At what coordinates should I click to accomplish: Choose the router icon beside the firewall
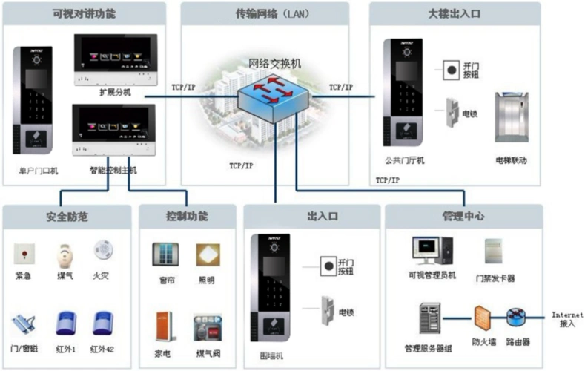coord(516,317)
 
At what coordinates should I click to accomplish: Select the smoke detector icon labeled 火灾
coord(102,251)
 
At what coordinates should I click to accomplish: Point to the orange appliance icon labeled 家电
coord(164,327)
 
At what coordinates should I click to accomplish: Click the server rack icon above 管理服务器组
coord(429,319)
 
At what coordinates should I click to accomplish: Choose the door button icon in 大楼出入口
coord(449,71)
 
